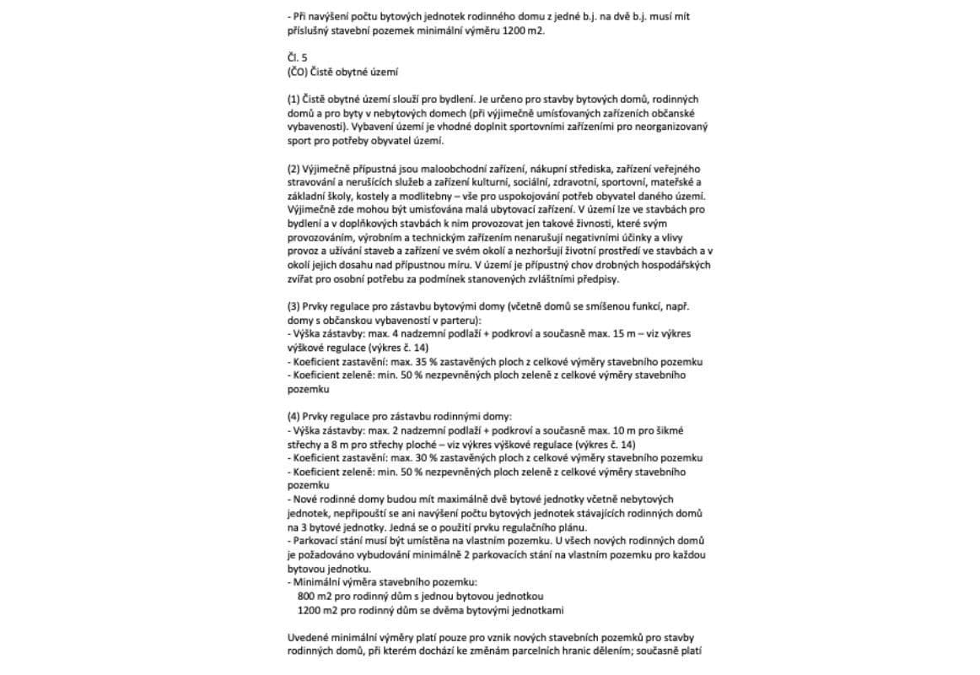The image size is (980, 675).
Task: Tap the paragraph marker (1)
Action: [x=293, y=100]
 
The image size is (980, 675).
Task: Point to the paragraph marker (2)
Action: [x=293, y=170]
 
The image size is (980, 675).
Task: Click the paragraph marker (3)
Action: [x=293, y=307]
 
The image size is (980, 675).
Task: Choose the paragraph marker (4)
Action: [x=293, y=417]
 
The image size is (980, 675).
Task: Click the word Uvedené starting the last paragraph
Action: [x=309, y=637]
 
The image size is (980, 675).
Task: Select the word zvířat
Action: [x=300, y=279]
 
